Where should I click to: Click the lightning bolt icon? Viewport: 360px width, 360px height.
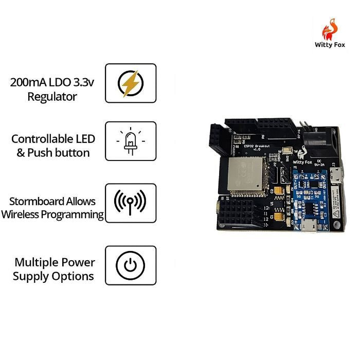(x=131, y=83)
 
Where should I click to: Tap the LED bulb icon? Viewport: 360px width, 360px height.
(x=131, y=141)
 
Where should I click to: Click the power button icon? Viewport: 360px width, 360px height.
(x=131, y=265)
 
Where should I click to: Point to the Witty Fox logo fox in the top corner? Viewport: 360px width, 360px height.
(x=330, y=29)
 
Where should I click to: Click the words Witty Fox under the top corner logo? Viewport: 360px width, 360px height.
(x=330, y=45)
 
